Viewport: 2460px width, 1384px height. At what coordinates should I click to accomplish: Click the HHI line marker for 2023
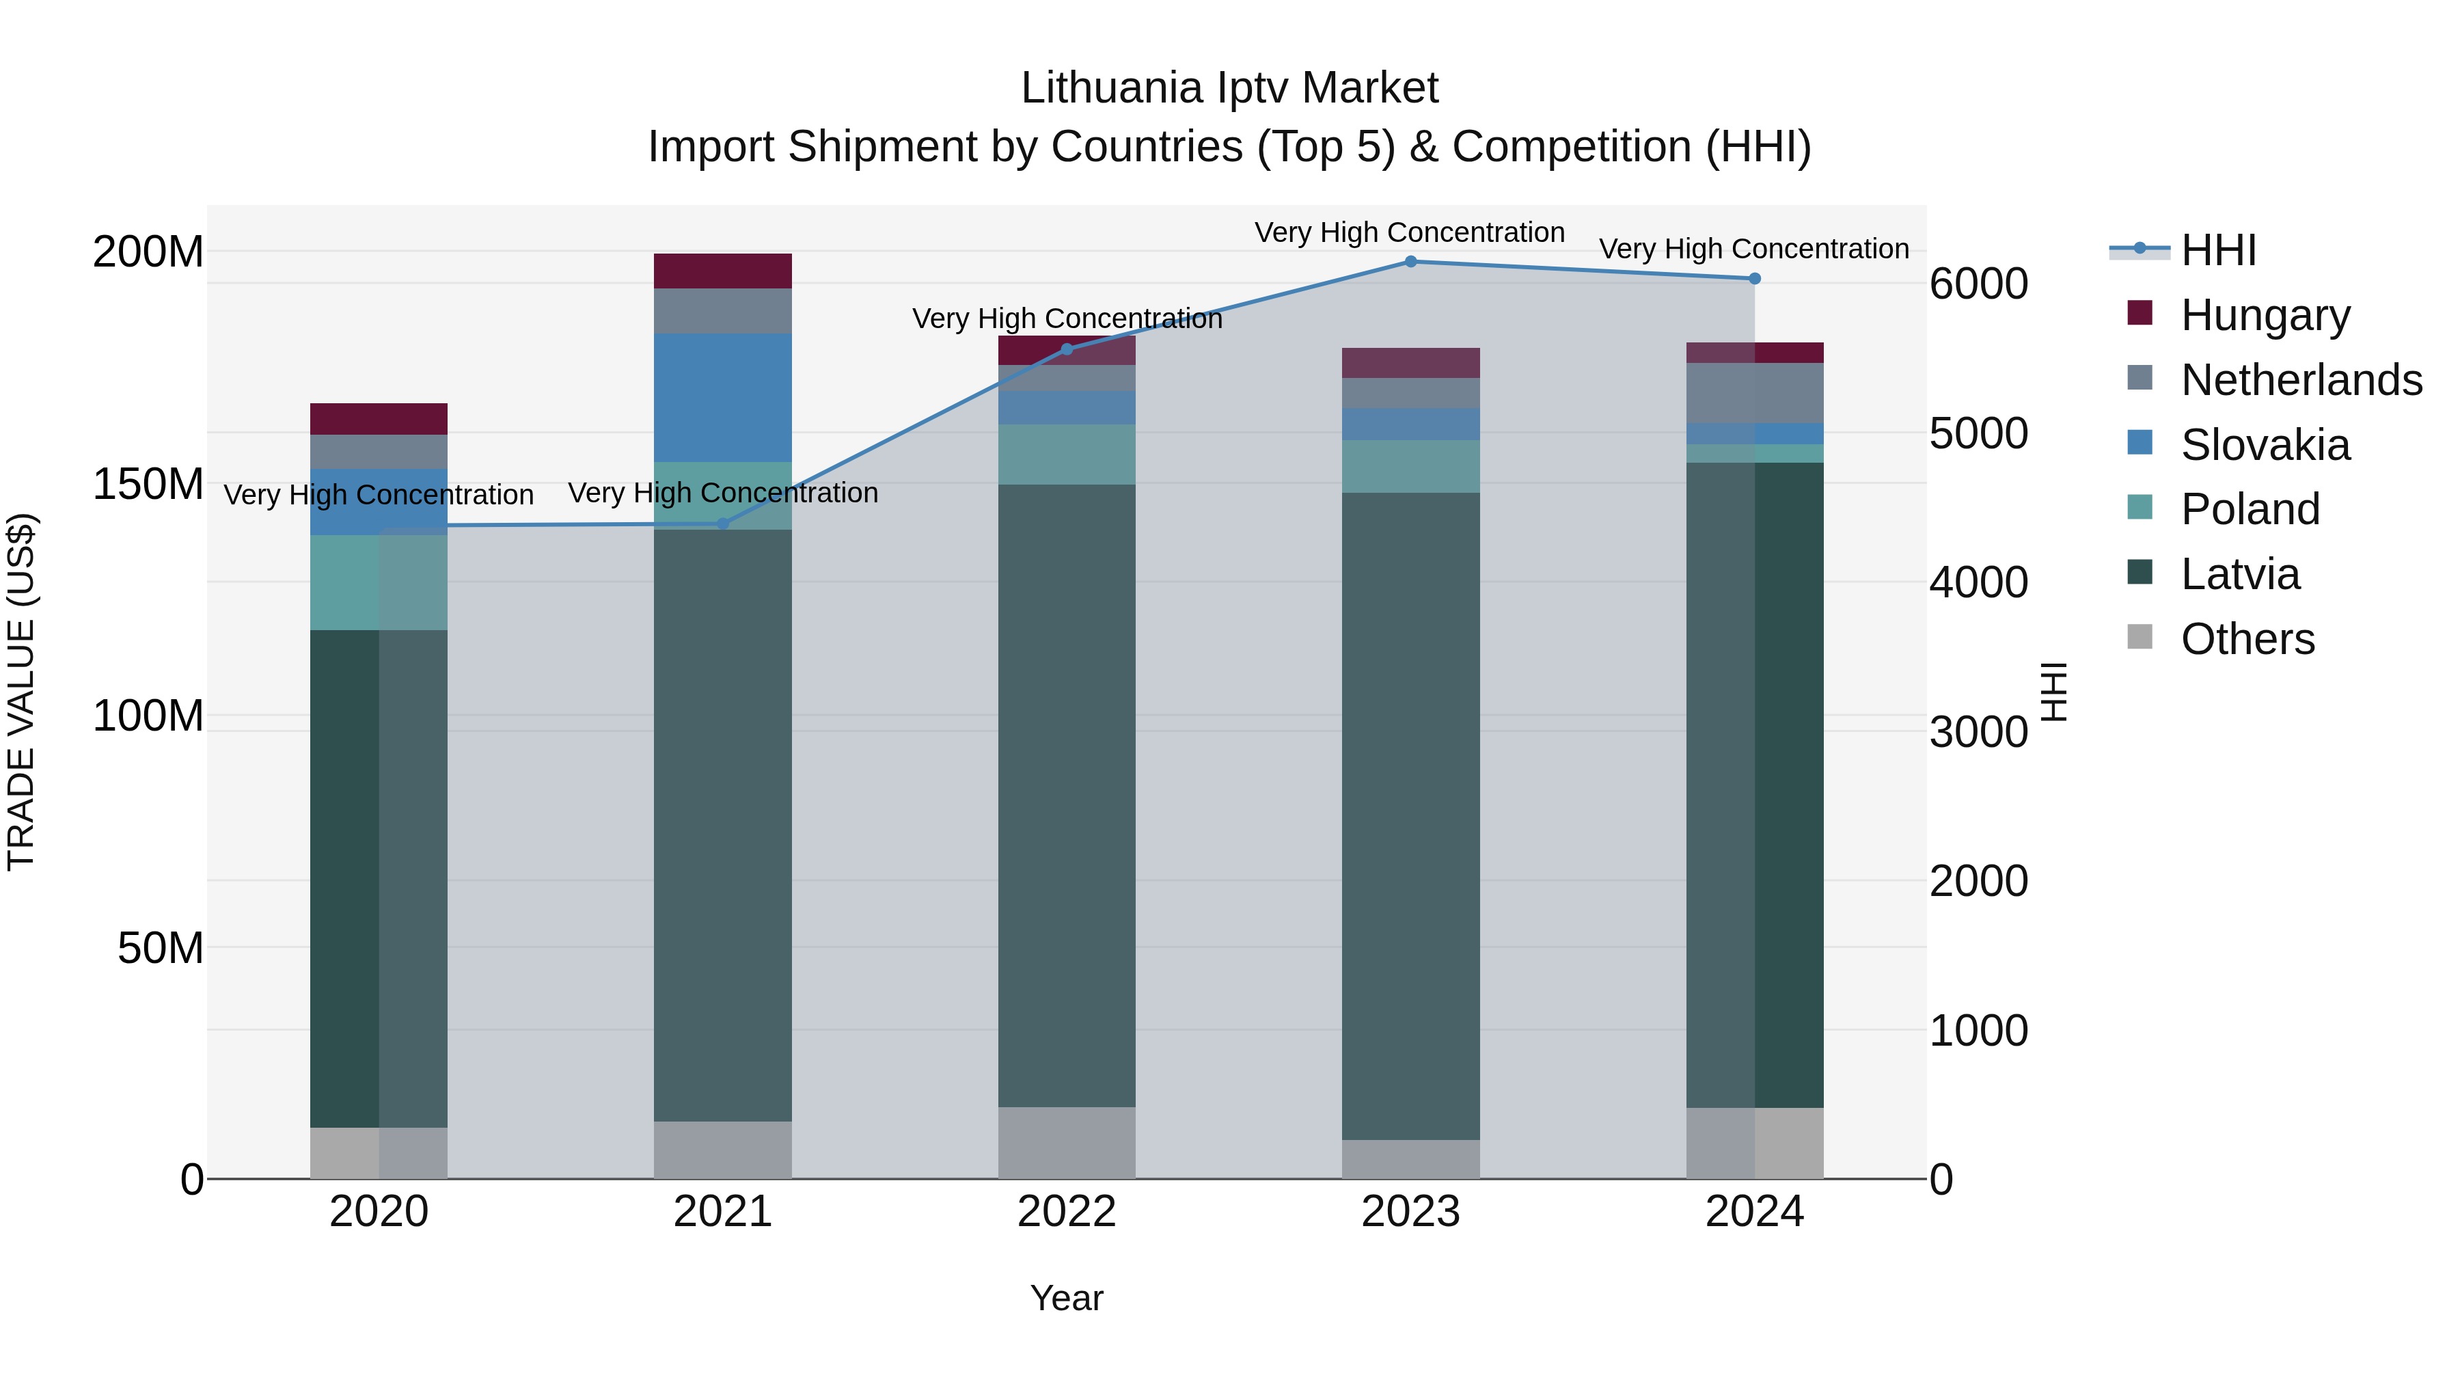(1410, 262)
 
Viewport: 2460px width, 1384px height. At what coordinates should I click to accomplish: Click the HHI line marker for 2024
(1754, 279)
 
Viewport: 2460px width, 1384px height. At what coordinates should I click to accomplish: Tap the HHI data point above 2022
(1067, 349)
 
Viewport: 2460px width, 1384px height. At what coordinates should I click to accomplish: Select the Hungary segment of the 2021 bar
(723, 271)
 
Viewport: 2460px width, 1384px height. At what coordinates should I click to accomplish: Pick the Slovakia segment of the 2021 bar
(723, 397)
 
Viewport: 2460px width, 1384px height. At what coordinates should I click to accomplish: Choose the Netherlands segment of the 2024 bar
(1754, 392)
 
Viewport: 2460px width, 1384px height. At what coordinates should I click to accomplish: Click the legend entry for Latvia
(2239, 574)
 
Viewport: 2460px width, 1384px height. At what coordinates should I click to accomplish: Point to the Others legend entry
(2247, 639)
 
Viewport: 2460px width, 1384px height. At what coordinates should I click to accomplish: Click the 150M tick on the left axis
(148, 485)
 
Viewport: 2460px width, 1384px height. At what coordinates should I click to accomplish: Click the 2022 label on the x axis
(1067, 1212)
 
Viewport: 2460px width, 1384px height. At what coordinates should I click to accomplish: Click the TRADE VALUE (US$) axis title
(21, 692)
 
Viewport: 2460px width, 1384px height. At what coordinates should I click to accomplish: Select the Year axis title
(1067, 1298)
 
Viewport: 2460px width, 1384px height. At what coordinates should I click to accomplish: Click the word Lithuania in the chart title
(1110, 88)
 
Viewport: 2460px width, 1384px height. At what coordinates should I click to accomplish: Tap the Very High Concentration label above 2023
(1410, 232)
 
